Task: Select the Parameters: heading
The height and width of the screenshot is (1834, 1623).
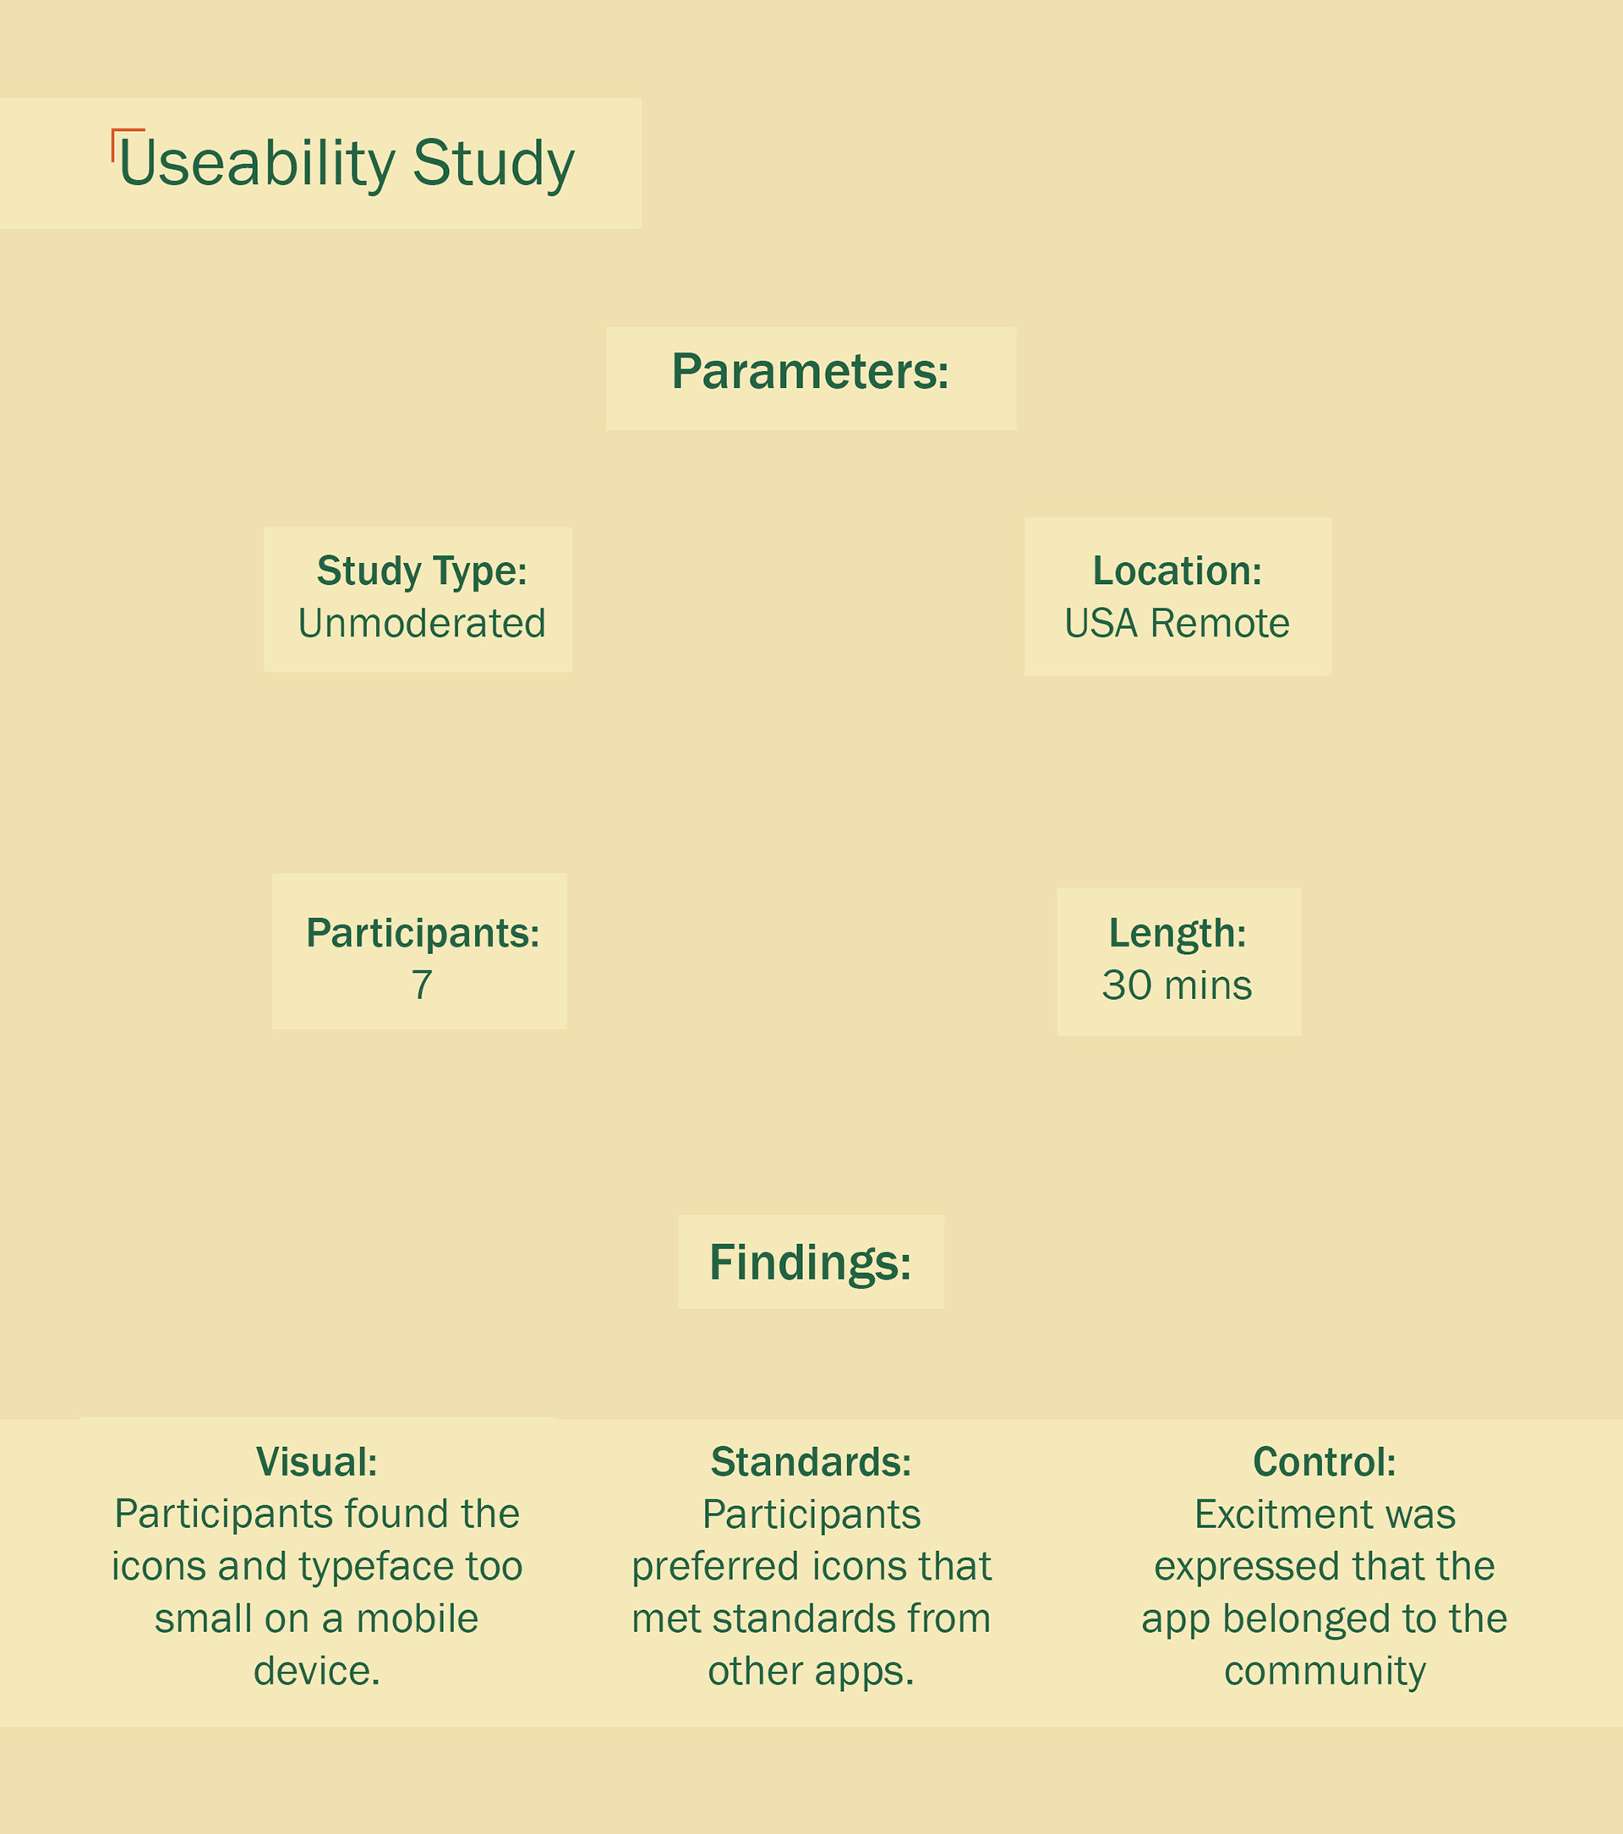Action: (x=810, y=372)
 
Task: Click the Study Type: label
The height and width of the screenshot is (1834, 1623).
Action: (x=422, y=570)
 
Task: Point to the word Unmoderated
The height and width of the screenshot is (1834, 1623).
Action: (x=422, y=623)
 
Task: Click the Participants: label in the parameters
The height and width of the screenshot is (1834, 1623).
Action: (x=423, y=933)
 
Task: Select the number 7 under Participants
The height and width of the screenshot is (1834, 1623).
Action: (x=422, y=985)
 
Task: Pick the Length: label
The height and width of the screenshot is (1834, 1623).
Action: (x=1178, y=933)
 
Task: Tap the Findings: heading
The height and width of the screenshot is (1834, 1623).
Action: (x=810, y=1263)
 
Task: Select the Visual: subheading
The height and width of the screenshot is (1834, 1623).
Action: (x=317, y=1461)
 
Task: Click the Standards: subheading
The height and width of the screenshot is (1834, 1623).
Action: (x=811, y=1461)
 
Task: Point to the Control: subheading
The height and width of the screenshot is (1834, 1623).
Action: (x=1325, y=1461)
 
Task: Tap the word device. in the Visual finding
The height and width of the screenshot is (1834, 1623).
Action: (x=317, y=1671)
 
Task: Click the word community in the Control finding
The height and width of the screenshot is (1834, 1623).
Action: (x=1325, y=1671)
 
